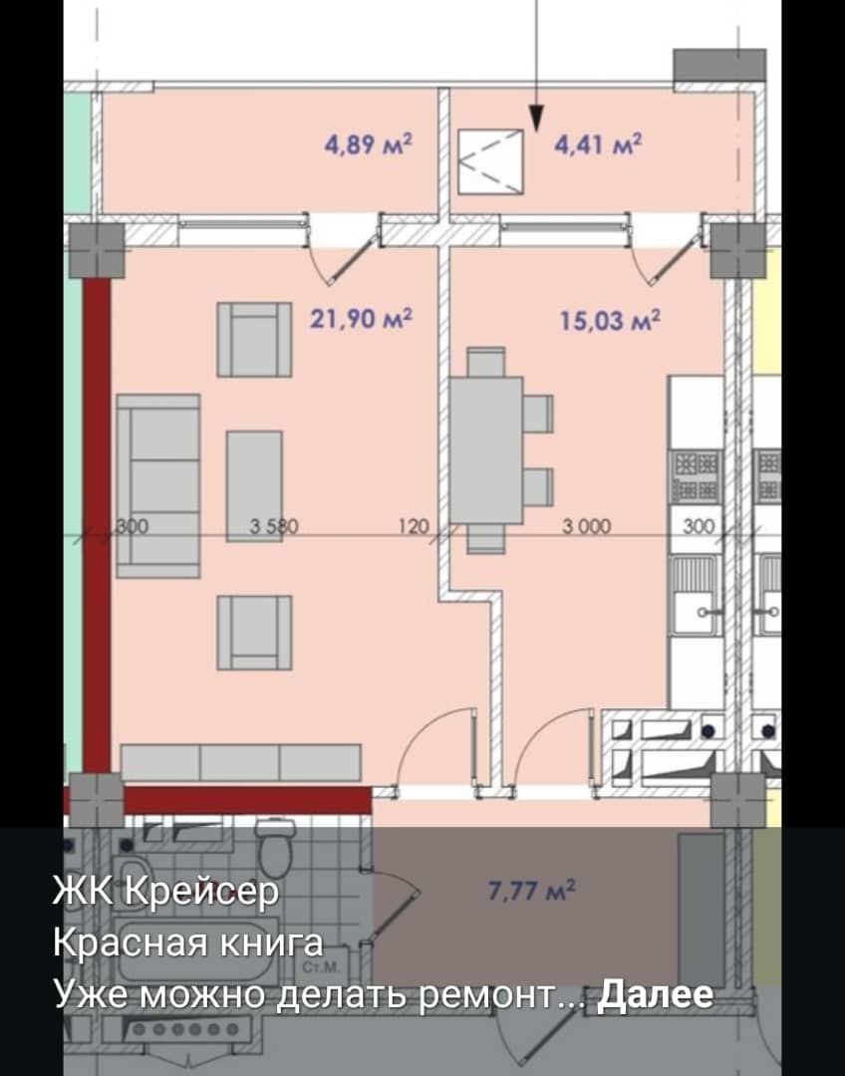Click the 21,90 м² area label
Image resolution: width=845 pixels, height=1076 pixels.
click(x=361, y=319)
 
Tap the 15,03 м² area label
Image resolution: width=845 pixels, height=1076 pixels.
click(x=610, y=321)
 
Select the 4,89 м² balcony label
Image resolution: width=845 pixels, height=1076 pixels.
click(x=369, y=144)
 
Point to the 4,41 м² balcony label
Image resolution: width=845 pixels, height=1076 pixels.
click(x=599, y=144)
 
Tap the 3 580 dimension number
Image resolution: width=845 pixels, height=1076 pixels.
click(x=274, y=526)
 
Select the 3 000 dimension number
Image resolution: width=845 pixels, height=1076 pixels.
click(x=587, y=526)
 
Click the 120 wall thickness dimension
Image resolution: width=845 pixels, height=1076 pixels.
click(x=414, y=526)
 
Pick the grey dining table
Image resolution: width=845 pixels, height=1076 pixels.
click(x=486, y=450)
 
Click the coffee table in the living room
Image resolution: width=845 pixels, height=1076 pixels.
click(x=254, y=486)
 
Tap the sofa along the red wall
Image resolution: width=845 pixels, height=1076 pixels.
click(x=157, y=486)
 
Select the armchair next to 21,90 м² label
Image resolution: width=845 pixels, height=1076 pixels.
click(x=255, y=340)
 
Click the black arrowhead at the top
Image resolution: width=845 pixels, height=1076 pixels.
click(x=536, y=118)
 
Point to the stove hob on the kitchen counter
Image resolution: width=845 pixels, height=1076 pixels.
click(x=697, y=476)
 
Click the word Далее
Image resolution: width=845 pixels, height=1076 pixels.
click(x=655, y=993)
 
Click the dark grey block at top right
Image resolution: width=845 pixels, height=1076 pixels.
click(x=719, y=65)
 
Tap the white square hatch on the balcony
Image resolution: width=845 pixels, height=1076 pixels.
click(x=491, y=161)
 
